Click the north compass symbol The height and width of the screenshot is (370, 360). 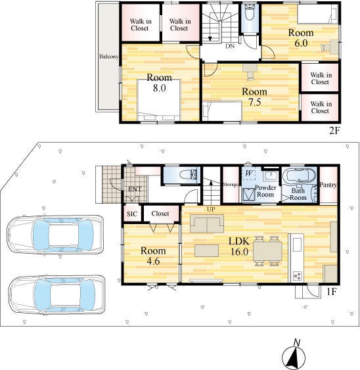294,355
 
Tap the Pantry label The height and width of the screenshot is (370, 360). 328,185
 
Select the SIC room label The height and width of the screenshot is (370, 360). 131,214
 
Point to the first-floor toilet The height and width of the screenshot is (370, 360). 189,175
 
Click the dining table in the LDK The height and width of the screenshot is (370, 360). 267,251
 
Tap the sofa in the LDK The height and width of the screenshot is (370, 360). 207,223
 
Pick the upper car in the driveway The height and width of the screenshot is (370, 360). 55,235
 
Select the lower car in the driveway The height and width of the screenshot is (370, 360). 56,294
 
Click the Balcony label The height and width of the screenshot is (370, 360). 108,57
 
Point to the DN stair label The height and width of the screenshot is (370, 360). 230,46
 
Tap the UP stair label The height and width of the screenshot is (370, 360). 211,209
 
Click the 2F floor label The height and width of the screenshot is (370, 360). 334,131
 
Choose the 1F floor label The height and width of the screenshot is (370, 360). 331,292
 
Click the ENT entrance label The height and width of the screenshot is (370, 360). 135,189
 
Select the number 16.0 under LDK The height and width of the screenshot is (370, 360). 239,252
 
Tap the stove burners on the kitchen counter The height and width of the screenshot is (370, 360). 297,275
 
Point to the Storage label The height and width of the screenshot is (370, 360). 231,184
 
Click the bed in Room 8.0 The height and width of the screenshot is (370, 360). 159,100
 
